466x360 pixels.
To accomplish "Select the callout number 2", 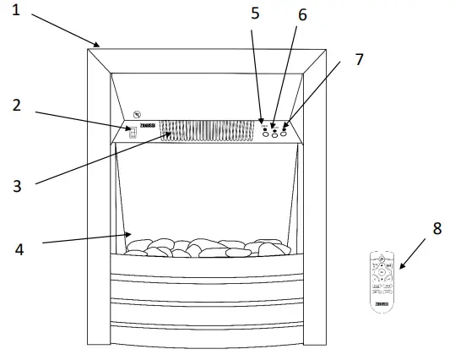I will (16, 106).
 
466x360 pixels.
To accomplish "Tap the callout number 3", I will (17, 183).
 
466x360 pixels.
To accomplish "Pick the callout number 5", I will (256, 14).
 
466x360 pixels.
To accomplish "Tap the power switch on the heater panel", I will (133, 133).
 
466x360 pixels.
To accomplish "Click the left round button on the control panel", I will (265, 132).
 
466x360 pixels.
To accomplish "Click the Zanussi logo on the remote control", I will (382, 301).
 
